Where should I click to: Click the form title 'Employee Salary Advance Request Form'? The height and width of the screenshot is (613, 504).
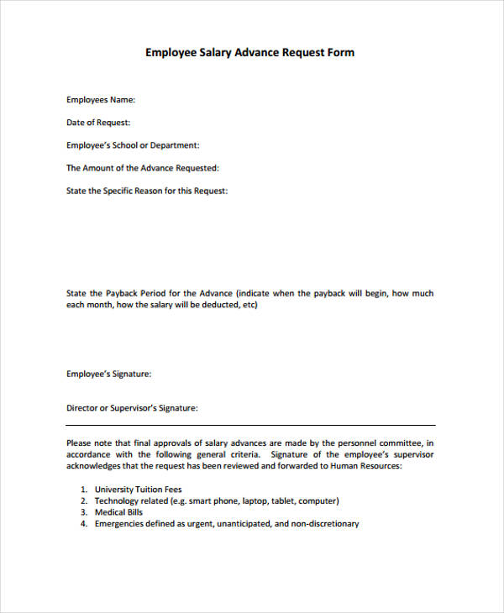click(x=250, y=52)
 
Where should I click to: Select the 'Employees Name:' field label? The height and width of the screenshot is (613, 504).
click(x=101, y=100)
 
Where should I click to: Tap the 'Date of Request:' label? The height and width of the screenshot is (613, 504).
click(x=98, y=123)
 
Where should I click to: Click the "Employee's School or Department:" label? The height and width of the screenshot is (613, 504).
click(x=133, y=145)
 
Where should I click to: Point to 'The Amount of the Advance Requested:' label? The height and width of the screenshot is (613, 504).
click(x=142, y=168)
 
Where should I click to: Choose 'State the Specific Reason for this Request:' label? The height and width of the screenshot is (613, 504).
click(x=147, y=191)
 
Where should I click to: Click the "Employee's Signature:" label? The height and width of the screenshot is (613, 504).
click(x=109, y=374)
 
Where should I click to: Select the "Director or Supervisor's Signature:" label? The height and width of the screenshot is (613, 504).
click(x=132, y=408)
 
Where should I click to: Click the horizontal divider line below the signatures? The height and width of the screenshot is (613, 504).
click(x=250, y=425)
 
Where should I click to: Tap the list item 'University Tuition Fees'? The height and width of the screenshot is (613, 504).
click(x=139, y=489)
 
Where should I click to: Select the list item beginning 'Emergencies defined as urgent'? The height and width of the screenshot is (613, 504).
click(x=227, y=524)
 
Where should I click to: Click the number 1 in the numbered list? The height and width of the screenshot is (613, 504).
click(x=84, y=489)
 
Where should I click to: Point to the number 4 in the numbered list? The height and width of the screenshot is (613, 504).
click(x=84, y=524)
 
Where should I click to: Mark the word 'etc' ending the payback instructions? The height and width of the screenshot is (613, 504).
click(x=247, y=305)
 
